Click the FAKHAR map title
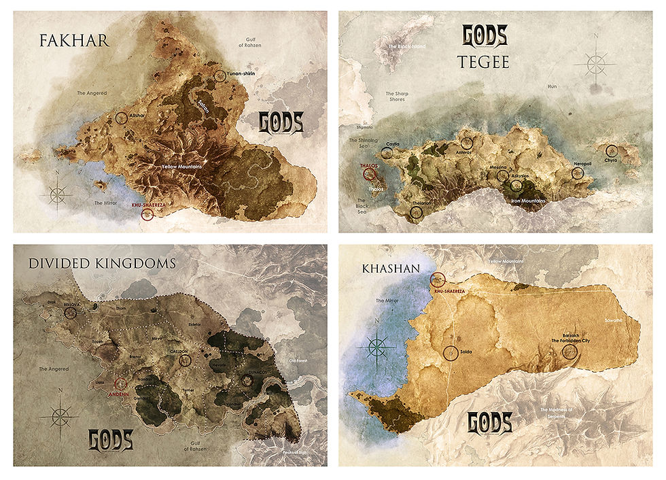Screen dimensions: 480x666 (65, 40)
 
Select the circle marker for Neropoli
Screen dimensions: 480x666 (578, 173)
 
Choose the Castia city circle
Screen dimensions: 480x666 (387, 153)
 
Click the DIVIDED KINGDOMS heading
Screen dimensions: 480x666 (102, 262)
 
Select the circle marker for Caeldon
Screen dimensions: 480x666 (185, 360)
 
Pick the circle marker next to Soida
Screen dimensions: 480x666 (449, 353)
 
